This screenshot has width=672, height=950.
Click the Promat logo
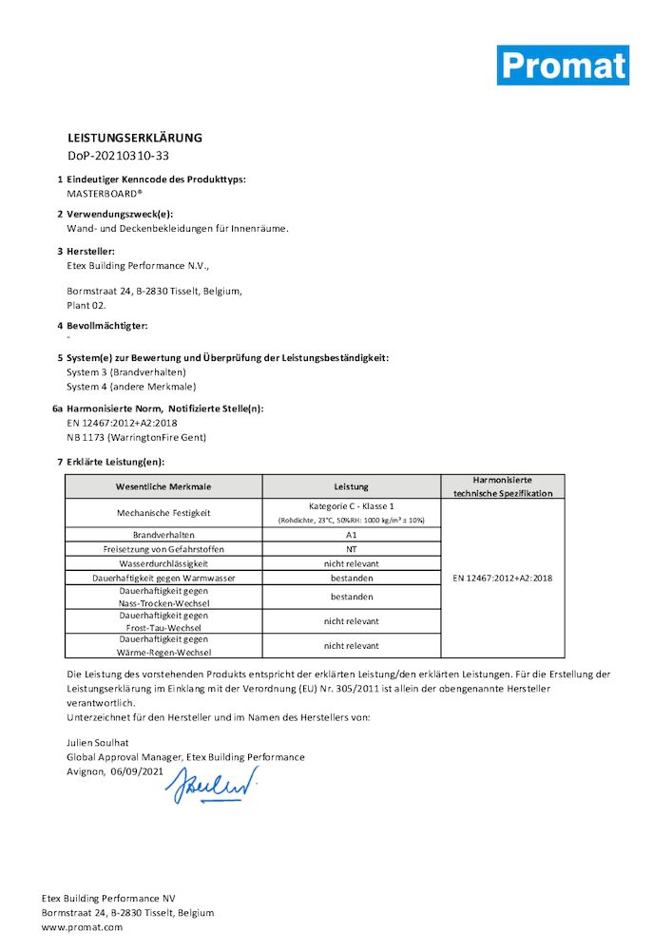563,65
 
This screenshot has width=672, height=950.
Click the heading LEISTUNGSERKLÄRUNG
134,138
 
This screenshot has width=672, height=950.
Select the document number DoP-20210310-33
118,155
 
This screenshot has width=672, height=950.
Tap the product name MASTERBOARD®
105,192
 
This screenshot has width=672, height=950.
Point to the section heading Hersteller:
91,252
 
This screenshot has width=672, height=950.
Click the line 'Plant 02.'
86,305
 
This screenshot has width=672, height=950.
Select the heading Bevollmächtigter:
107,326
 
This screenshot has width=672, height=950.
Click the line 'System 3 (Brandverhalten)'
126,372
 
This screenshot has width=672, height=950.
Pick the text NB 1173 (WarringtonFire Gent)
136,437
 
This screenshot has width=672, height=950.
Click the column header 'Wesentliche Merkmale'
163,486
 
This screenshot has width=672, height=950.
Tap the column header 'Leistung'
352,486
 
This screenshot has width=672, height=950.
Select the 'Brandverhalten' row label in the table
163,536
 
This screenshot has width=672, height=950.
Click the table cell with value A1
352,536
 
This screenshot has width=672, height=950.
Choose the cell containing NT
352,549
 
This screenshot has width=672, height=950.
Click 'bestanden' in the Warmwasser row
352,578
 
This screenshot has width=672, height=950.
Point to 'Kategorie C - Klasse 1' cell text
352,506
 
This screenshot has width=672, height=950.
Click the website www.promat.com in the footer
82,926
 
